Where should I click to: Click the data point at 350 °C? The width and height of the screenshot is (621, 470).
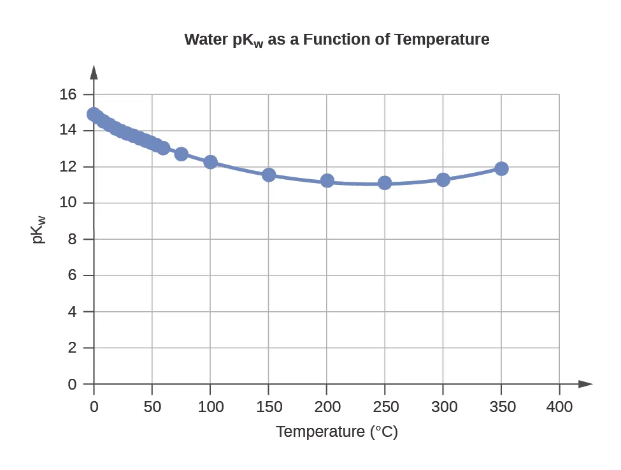click(x=501, y=168)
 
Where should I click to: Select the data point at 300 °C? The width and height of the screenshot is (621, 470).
click(x=443, y=180)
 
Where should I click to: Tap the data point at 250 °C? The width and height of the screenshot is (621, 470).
click(x=385, y=183)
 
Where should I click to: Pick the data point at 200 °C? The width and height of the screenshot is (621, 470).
click(x=327, y=180)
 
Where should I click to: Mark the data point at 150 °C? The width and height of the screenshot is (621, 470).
click(x=269, y=175)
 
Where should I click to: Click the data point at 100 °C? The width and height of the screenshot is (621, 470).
click(x=210, y=162)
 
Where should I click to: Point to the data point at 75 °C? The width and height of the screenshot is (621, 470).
click(x=182, y=154)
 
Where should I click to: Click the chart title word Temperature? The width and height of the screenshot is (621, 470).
click(x=441, y=40)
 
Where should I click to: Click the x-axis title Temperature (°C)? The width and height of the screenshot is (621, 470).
click(x=336, y=432)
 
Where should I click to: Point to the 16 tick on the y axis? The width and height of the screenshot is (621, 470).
click(x=68, y=94)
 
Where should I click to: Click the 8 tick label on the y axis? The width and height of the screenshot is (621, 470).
click(x=72, y=239)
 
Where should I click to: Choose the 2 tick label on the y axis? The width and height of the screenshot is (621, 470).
click(x=72, y=348)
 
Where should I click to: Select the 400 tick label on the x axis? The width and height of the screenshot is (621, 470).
click(x=560, y=407)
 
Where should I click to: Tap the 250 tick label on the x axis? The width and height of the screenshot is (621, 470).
click(x=385, y=407)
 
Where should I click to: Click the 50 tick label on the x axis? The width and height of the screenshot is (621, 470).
click(x=152, y=407)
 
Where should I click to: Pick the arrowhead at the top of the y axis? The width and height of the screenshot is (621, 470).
click(x=94, y=71)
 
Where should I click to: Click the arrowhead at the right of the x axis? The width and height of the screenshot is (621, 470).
click(x=585, y=384)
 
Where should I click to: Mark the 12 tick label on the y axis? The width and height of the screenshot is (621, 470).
click(x=68, y=166)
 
